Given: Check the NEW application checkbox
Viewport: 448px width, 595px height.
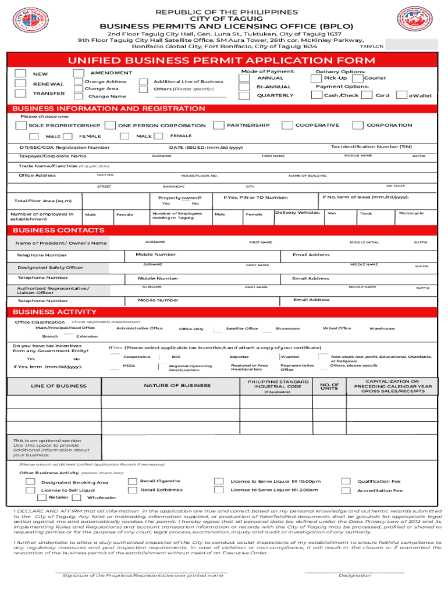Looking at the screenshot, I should (20, 73).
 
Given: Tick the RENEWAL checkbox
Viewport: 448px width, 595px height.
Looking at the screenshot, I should (20, 84).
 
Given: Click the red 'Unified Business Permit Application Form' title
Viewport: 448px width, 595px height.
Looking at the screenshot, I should (222, 61).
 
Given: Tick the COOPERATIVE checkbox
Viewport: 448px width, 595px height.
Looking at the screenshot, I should (287, 125).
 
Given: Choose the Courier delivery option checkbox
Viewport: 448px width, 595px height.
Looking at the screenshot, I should (358, 78).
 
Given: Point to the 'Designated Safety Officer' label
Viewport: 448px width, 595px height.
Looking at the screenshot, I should (50, 267).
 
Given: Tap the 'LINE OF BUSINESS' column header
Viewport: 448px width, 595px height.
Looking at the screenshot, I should (59, 386).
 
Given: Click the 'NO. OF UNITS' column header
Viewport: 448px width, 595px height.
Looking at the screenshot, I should (329, 386).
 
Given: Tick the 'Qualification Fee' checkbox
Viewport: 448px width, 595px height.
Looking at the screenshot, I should (346, 481).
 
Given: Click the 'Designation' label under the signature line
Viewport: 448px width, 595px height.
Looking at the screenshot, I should (354, 575).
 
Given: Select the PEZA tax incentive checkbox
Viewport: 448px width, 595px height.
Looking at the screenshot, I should (114, 366).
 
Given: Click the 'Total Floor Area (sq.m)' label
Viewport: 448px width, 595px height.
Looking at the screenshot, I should (42, 201).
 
